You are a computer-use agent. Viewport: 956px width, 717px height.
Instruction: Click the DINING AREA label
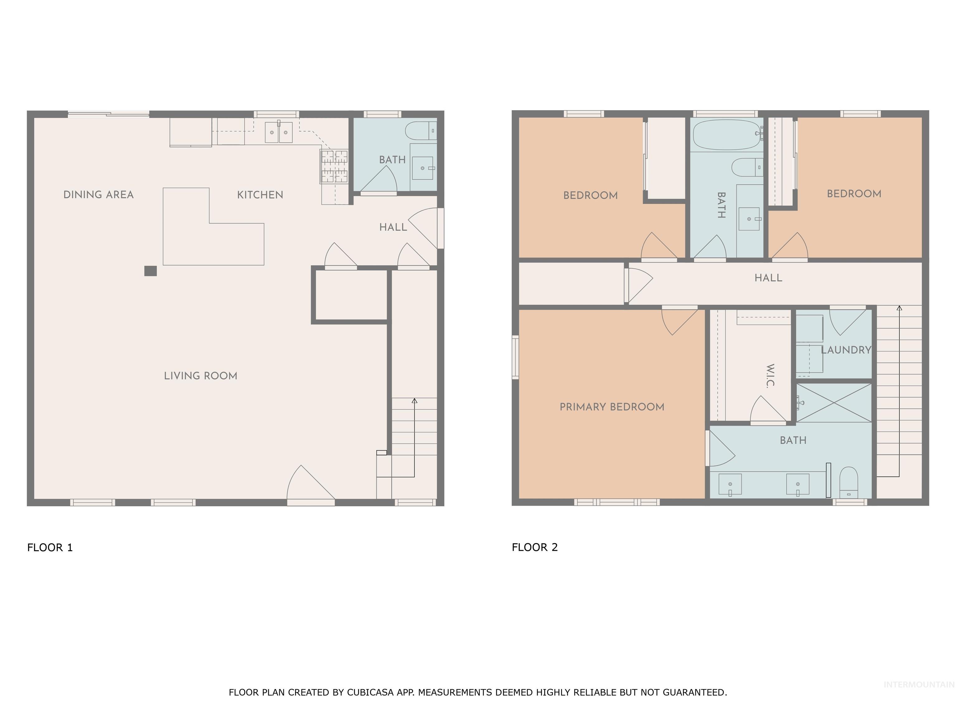[99, 194]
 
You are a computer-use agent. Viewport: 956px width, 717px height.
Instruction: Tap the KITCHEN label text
[260, 194]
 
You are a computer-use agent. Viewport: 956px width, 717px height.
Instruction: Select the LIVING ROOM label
[200, 376]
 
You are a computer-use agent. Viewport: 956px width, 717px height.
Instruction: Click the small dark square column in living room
[150, 271]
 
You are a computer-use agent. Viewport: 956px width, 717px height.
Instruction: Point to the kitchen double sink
[279, 132]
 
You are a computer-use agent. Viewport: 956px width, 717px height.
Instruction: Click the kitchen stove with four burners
[334, 166]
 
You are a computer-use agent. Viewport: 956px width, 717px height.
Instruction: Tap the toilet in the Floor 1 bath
[420, 130]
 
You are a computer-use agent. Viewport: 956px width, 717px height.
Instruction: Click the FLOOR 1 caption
[50, 548]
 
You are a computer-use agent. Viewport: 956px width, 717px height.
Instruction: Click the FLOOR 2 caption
[535, 547]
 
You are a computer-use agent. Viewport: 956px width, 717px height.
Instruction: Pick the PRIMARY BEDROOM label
[612, 407]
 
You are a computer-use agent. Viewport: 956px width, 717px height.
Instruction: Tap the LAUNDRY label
[846, 350]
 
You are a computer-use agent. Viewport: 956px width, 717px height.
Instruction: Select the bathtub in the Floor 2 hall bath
[727, 134]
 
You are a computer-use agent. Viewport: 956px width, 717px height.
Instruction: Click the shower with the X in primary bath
[834, 402]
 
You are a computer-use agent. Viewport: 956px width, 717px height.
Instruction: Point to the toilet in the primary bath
[848, 482]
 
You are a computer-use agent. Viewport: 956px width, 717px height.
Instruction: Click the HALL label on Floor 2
[768, 278]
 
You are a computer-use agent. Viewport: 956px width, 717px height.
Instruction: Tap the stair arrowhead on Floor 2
[899, 308]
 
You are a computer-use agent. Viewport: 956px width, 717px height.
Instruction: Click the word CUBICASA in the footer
[370, 692]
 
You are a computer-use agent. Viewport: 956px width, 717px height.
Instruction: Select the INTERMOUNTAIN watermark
[918, 685]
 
